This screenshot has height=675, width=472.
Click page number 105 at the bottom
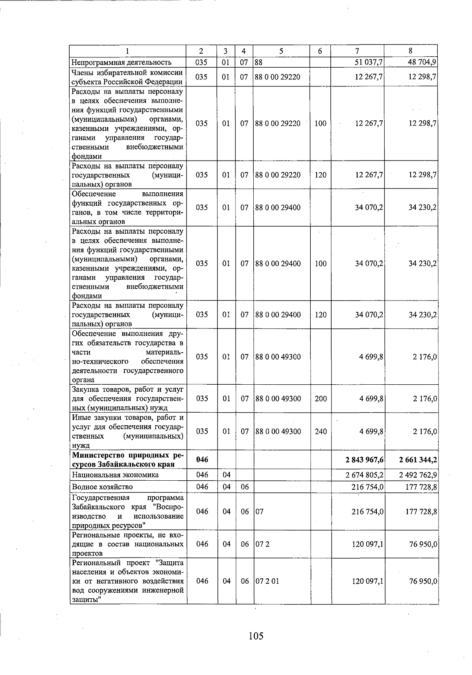click(x=256, y=635)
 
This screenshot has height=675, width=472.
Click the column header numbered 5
click(x=281, y=51)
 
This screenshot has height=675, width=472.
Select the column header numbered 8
click(x=411, y=51)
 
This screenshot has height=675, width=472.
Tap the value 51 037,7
click(x=369, y=62)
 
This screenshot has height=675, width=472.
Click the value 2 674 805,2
click(x=365, y=475)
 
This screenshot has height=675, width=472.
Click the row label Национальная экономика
click(x=115, y=475)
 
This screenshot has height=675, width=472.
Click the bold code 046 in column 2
click(x=202, y=459)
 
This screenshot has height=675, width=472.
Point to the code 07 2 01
click(x=267, y=581)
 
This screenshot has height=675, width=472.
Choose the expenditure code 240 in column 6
click(x=321, y=432)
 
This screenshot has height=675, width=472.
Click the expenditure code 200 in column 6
click(x=321, y=398)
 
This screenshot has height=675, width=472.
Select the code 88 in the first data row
click(x=258, y=62)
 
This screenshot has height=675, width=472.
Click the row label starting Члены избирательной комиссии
click(x=127, y=72)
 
